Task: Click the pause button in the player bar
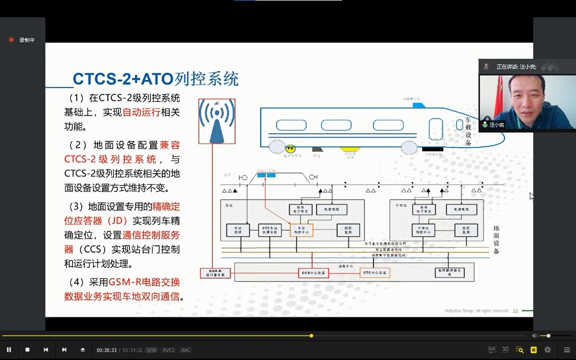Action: (9, 350)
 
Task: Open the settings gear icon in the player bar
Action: (548, 350)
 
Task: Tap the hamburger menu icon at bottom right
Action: (566, 350)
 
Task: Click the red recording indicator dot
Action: (11, 40)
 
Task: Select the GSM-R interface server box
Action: (216, 273)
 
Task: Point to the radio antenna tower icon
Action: (217, 122)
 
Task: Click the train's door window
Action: (435, 129)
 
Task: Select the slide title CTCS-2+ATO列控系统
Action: (155, 79)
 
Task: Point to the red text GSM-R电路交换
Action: (145, 282)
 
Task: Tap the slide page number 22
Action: (515, 311)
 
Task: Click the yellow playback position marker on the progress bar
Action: (312, 336)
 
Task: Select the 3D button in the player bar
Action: (505, 350)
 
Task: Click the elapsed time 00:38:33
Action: (106, 350)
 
